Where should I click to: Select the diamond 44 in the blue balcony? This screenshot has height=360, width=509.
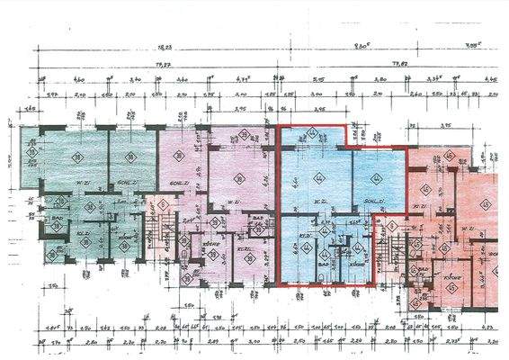pos(312,134)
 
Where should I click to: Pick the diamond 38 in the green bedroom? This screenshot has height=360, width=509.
pos(129,155)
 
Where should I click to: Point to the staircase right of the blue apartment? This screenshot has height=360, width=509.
pos(393,243)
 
